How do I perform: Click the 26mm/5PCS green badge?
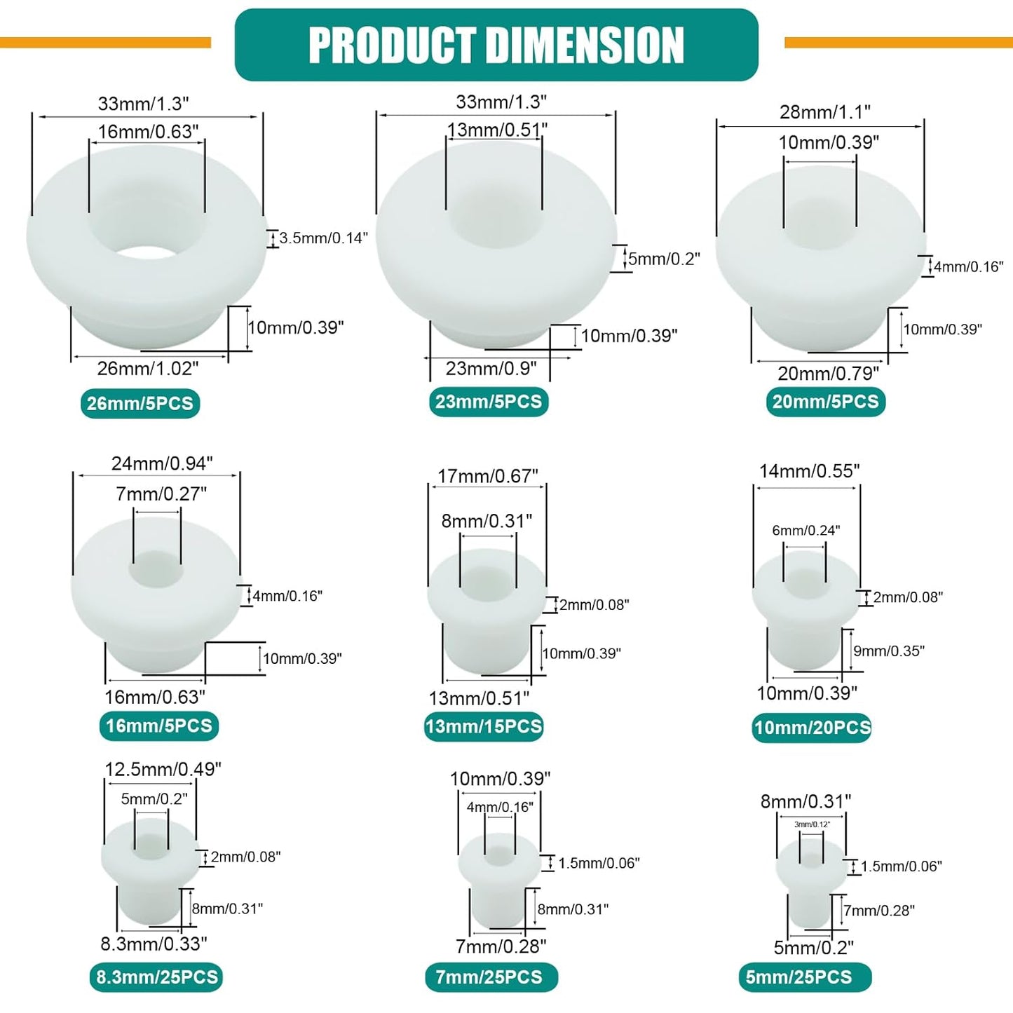click(140, 403)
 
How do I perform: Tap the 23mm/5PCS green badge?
click(489, 402)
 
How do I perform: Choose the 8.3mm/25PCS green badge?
click(156, 977)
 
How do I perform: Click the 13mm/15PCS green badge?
click(484, 726)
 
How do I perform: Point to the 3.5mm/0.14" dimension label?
click(322, 238)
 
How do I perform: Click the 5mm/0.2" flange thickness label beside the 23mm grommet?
click(664, 259)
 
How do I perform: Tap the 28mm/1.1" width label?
click(825, 112)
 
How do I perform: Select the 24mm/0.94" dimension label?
click(162, 463)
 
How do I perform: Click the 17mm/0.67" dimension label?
click(488, 476)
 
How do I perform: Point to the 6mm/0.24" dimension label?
click(806, 531)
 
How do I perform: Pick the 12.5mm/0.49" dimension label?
click(163, 769)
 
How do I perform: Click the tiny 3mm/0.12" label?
click(813, 824)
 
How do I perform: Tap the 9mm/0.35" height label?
click(888, 651)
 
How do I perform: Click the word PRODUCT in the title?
click(392, 45)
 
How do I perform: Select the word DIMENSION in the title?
click(586, 45)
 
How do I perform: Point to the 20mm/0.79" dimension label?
click(828, 373)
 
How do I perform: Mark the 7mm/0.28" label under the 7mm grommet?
click(501, 946)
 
